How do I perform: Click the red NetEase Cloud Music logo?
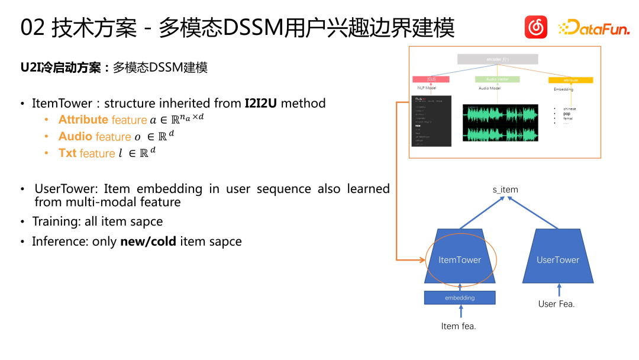[x=536, y=27]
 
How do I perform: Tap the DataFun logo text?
[x=594, y=28]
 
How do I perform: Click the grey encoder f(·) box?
[x=497, y=59]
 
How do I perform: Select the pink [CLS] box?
[x=431, y=79]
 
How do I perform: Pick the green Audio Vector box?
[x=497, y=79]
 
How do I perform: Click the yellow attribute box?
[x=570, y=80]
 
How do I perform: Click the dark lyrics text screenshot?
[x=431, y=121]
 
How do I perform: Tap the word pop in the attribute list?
[x=566, y=114]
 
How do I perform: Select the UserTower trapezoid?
[x=558, y=256]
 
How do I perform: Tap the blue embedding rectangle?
[x=460, y=298]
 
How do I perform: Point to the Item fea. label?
[x=459, y=326]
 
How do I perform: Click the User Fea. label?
[x=556, y=304]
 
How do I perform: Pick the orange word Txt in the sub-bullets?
[x=67, y=153]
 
